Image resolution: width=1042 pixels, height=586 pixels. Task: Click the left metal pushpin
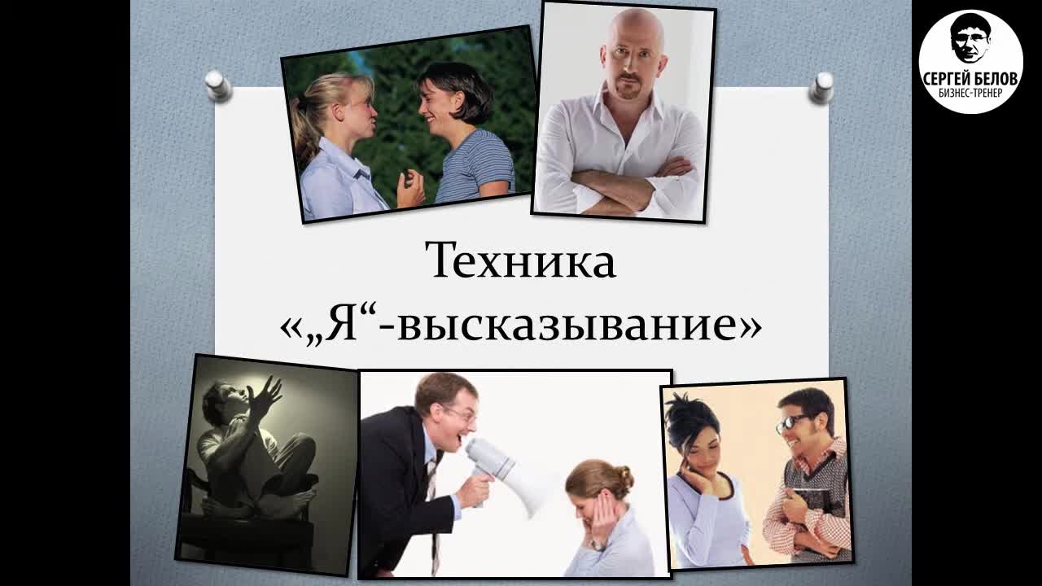point(218,85)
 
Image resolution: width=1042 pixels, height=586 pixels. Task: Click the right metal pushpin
point(821,86)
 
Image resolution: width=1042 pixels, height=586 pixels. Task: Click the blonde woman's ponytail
point(304,122)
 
